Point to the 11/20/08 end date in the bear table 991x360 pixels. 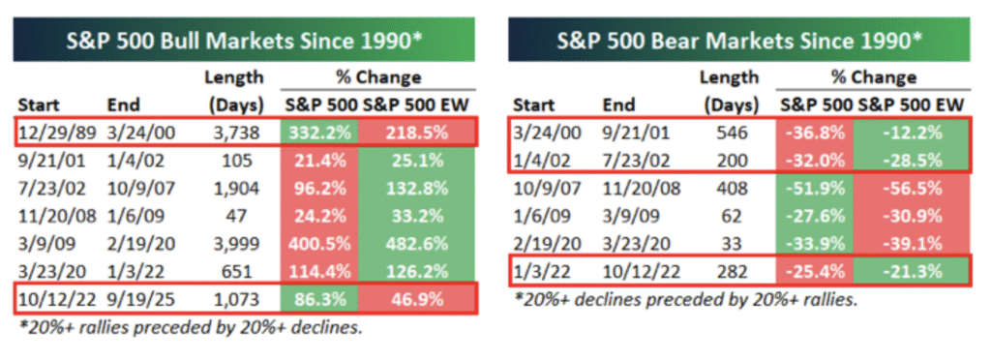point(642,188)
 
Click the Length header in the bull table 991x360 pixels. point(234,78)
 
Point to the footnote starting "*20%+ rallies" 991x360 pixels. point(191,328)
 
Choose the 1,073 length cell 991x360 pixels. point(233,299)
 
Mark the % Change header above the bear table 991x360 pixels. point(874,78)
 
